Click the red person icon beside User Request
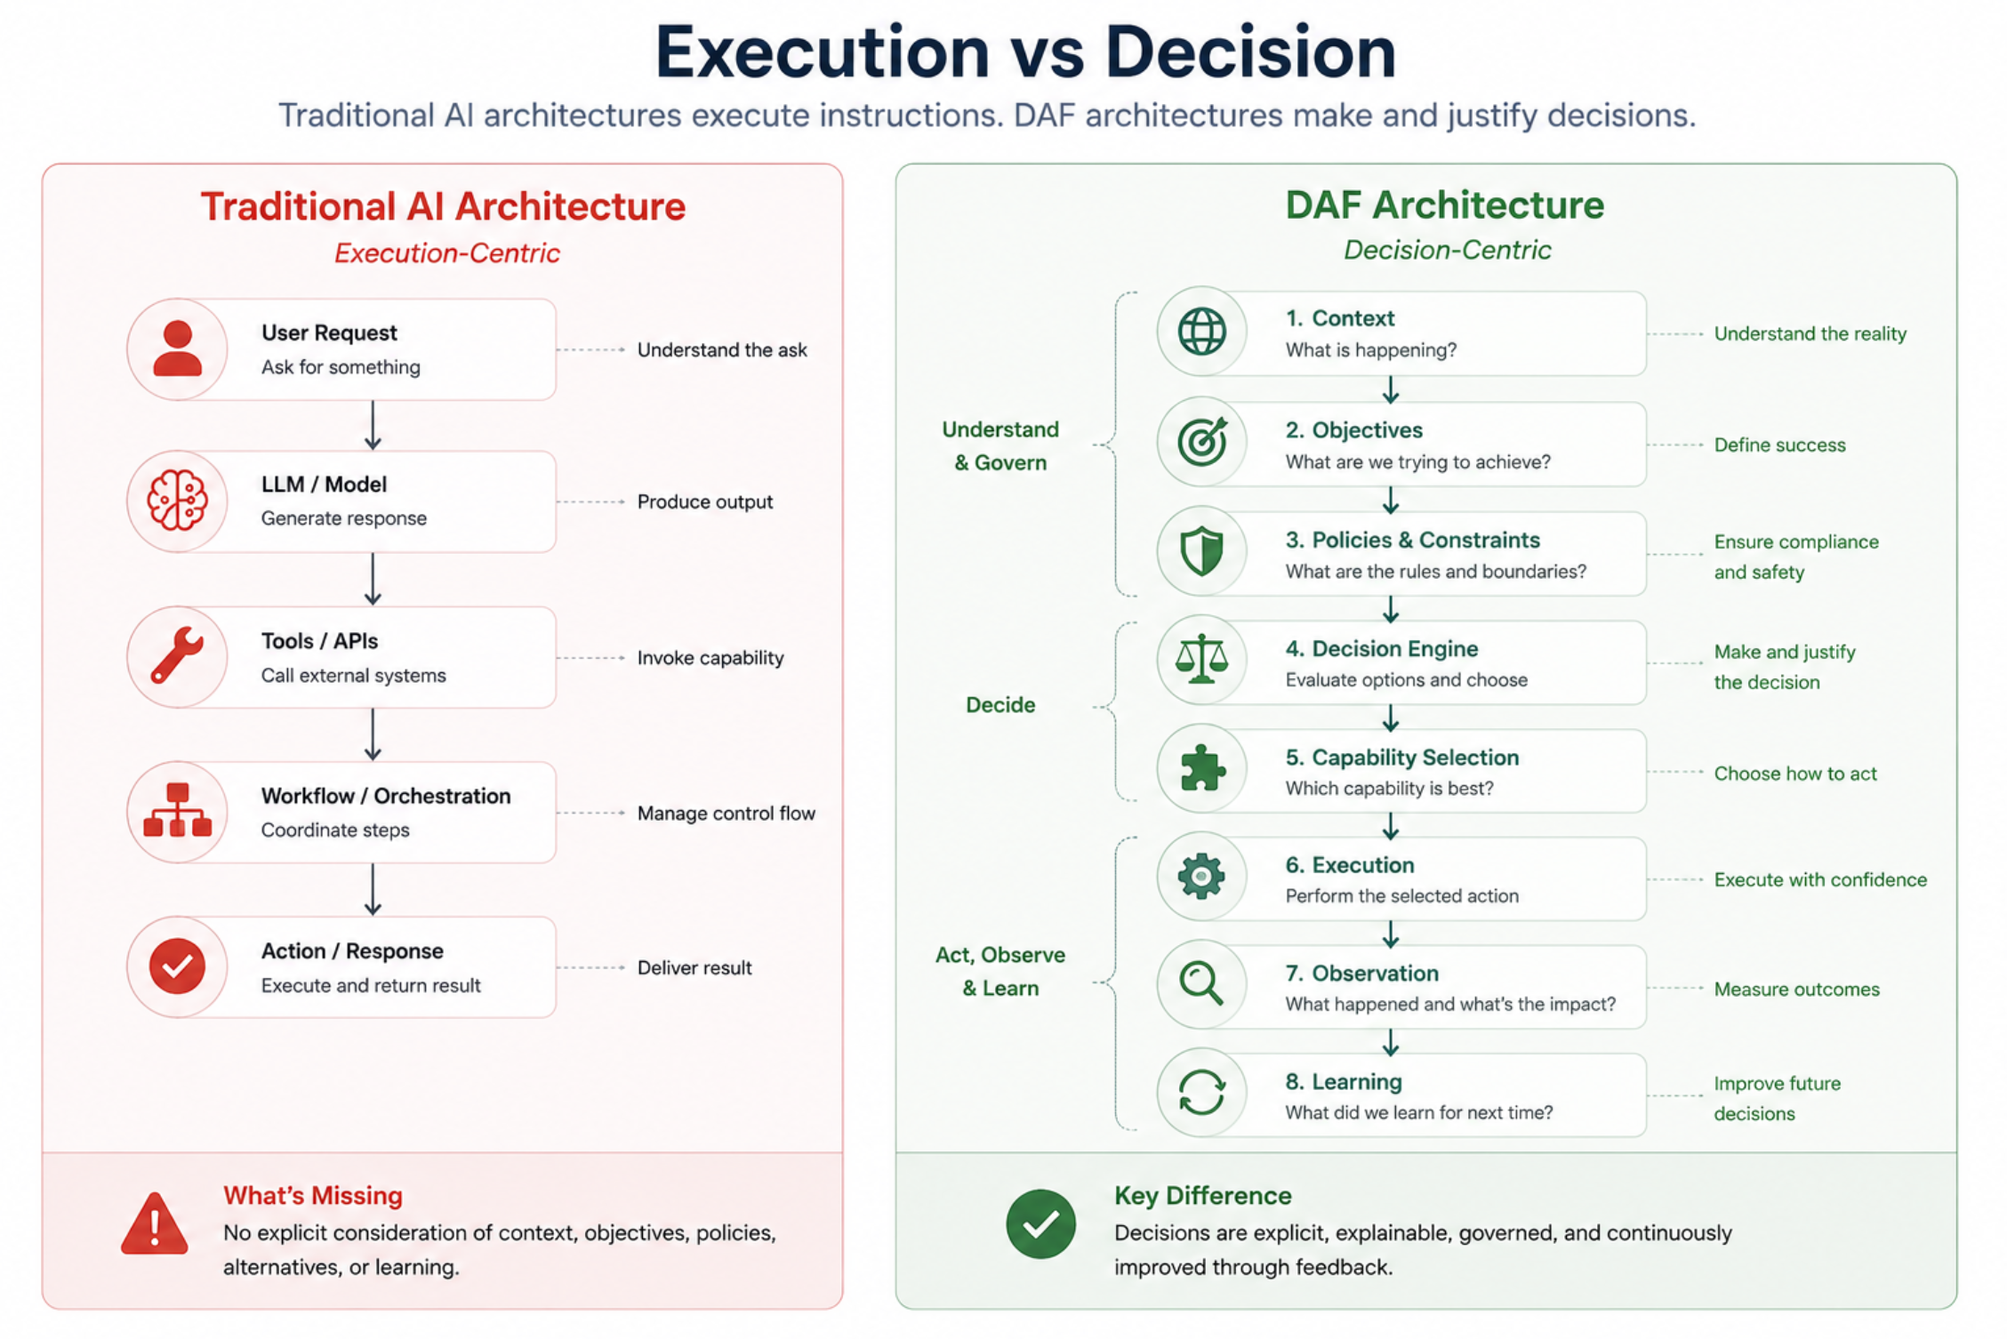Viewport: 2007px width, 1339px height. pos(177,349)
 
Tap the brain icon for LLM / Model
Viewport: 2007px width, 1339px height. pos(177,501)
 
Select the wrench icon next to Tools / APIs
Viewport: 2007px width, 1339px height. pos(177,655)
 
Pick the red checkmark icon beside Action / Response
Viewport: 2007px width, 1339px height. pos(177,966)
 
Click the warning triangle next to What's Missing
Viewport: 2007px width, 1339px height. pos(155,1223)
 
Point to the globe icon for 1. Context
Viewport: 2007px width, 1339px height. pos(1201,332)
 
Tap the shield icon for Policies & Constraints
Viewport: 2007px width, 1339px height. pos(1201,551)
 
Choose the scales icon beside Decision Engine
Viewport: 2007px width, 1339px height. pos(1201,659)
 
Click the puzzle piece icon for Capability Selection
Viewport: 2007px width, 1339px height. pos(1201,768)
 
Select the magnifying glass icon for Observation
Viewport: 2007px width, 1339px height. pos(1201,984)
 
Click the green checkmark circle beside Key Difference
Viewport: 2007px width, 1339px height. pos(1040,1224)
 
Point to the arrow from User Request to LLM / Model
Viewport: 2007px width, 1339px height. pos(373,425)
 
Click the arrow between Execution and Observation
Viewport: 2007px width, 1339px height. pos(1391,934)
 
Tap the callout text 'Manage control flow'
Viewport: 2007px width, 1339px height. pos(726,814)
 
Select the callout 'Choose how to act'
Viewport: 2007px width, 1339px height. pos(1795,774)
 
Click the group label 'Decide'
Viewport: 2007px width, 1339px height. pos(1000,705)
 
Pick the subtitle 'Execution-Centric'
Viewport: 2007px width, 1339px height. pos(447,253)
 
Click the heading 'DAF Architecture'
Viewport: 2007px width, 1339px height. pos(1445,205)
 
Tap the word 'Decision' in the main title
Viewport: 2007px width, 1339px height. pos(1250,52)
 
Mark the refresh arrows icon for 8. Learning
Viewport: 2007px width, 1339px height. pos(1201,1093)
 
